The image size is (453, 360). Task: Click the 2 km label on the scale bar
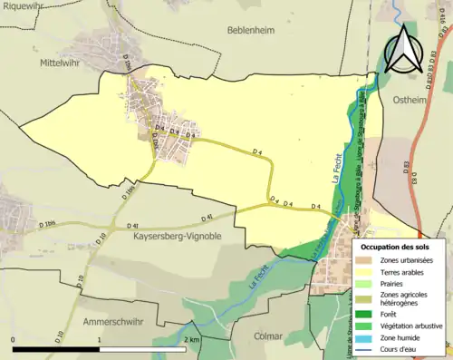[192, 339]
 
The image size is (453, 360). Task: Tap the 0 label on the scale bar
[14, 339]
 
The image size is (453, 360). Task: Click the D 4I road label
[133, 224]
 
